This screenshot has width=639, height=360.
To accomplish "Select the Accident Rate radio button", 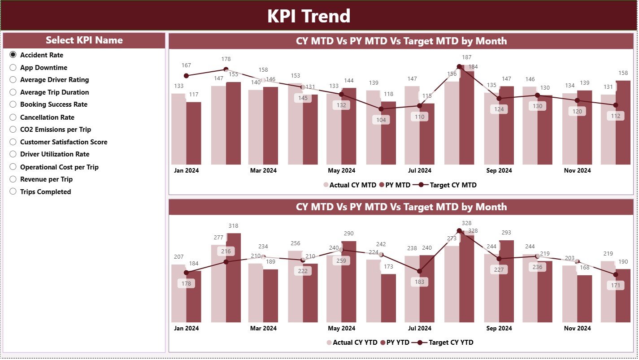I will [x=13, y=55].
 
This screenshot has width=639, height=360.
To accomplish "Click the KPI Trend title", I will [x=309, y=16].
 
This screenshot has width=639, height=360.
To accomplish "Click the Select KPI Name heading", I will [x=84, y=40].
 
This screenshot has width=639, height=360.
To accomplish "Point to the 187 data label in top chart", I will [x=466, y=57].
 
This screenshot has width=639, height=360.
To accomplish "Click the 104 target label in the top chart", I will [x=381, y=120].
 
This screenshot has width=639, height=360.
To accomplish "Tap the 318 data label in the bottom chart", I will [x=233, y=226].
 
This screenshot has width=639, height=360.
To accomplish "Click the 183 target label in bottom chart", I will [x=420, y=282].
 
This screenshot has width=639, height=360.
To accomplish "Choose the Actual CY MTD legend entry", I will [x=349, y=185].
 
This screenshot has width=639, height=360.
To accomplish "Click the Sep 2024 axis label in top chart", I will [x=499, y=171].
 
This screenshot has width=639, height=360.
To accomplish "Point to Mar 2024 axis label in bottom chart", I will [x=263, y=328].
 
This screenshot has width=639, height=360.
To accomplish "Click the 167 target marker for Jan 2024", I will [x=186, y=76].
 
